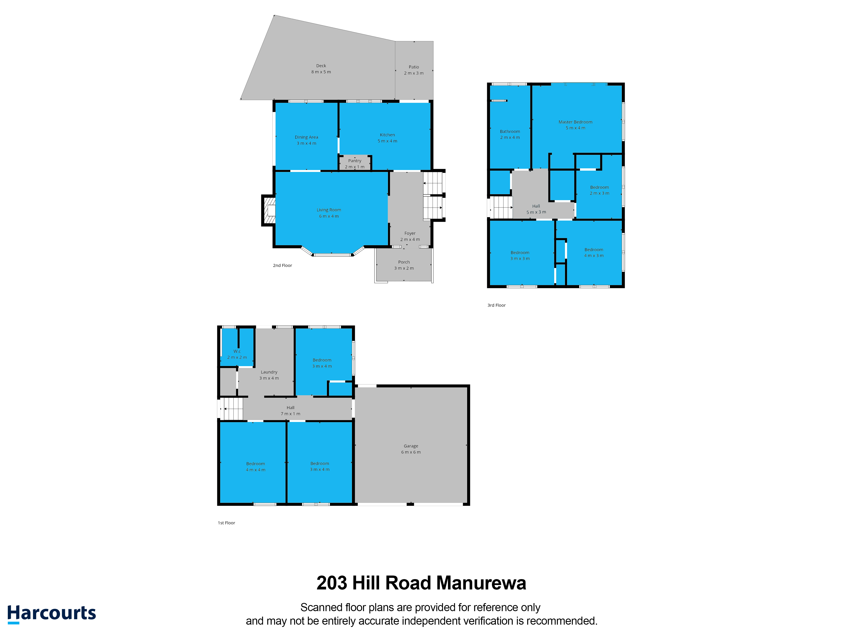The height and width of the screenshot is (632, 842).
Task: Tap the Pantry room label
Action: [x=355, y=161]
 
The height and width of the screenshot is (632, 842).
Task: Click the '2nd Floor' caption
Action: [x=282, y=265]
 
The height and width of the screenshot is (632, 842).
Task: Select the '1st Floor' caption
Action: [x=226, y=523]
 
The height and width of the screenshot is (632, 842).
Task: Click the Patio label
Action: [x=414, y=67]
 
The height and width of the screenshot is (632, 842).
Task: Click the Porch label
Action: [x=404, y=262]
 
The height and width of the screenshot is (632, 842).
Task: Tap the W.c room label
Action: [x=237, y=351]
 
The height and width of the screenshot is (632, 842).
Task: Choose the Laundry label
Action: [x=269, y=372]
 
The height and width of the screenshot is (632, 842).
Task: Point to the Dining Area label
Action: [x=306, y=137]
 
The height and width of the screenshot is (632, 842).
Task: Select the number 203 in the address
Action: [x=332, y=583]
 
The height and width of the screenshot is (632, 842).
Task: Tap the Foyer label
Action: [x=410, y=233]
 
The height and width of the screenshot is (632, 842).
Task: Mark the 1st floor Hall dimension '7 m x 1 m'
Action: [x=290, y=414]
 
